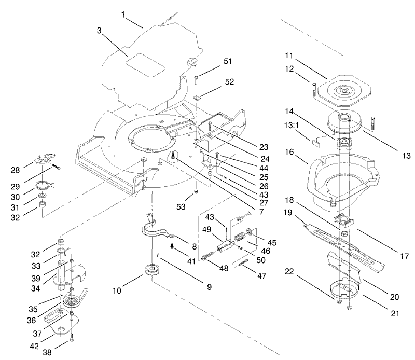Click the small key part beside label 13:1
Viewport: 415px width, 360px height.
317,139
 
